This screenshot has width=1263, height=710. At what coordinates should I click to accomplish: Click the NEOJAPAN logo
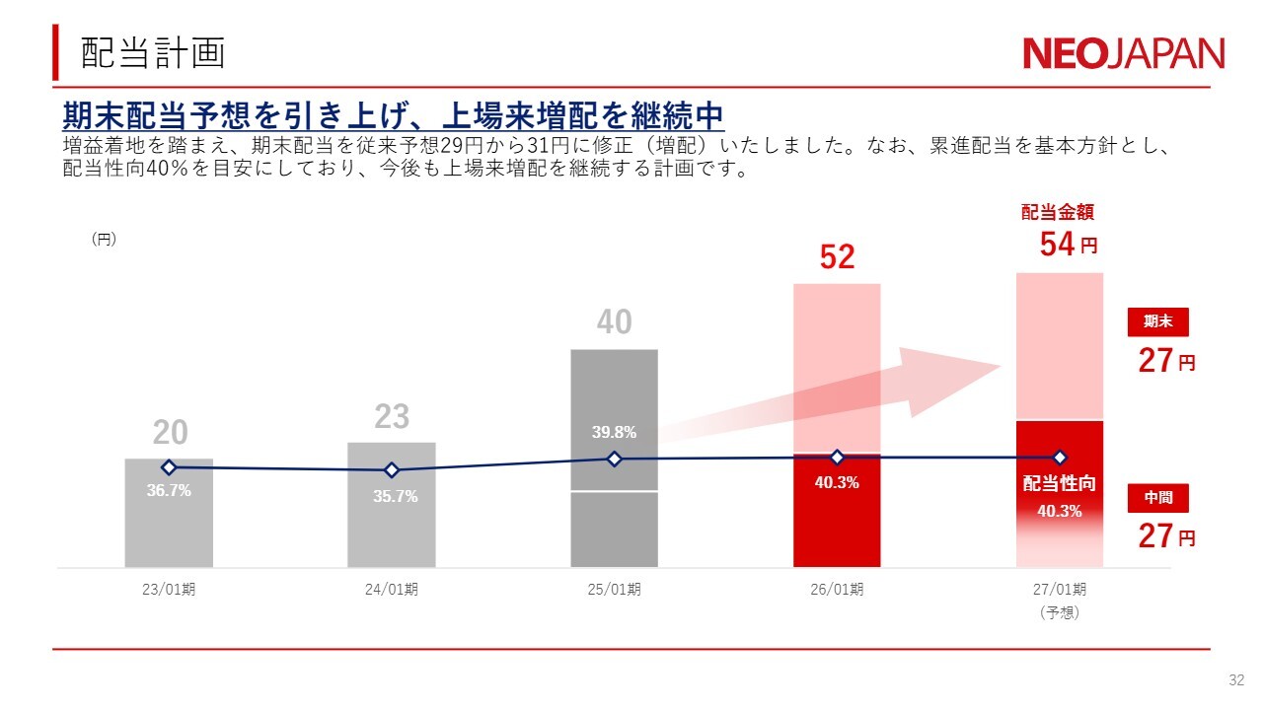(x=1123, y=53)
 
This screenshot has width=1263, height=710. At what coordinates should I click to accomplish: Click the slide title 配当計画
(x=153, y=53)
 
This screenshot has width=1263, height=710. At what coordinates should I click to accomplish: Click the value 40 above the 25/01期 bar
(x=614, y=322)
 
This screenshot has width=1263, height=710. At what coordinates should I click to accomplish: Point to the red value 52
(x=837, y=257)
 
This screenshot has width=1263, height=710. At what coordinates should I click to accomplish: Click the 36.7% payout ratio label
(x=169, y=491)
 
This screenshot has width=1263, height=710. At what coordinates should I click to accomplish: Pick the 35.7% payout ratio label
(x=395, y=497)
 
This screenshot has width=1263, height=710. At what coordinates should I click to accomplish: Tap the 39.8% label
(x=614, y=432)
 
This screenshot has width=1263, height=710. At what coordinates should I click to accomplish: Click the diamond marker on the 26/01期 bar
(x=837, y=458)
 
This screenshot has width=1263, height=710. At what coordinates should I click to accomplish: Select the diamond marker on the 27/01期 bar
(x=1060, y=458)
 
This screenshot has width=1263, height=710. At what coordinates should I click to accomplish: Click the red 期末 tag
(x=1158, y=322)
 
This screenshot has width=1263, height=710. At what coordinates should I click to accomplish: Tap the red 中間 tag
(x=1158, y=499)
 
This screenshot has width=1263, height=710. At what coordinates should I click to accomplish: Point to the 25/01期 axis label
(x=614, y=590)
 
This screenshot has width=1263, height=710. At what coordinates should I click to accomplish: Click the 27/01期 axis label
(x=1060, y=590)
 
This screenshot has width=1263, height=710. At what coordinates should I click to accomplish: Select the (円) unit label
(x=104, y=239)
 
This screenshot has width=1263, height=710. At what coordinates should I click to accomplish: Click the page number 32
(x=1236, y=680)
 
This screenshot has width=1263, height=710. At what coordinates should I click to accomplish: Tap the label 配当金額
(x=1057, y=212)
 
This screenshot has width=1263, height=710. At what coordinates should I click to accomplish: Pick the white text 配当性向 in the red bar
(x=1059, y=483)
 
